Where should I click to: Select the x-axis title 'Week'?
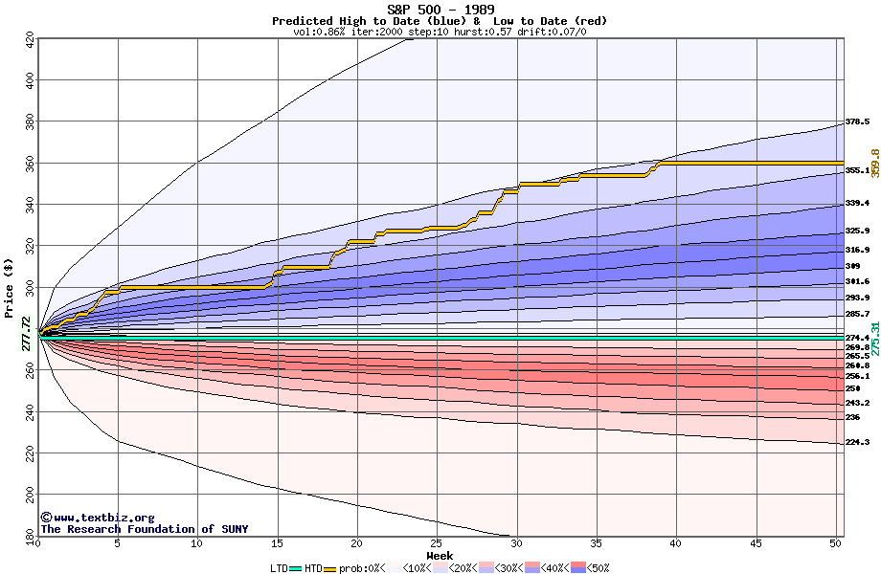(440, 556)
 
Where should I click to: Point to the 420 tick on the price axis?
(30, 40)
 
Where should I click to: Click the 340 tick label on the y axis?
(30, 205)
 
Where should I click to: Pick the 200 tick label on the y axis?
(30, 494)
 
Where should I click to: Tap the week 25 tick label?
(437, 544)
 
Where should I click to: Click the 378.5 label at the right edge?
(857, 122)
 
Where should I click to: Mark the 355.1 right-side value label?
(857, 171)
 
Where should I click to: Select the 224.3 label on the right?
(857, 443)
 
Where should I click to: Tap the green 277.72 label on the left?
(26, 333)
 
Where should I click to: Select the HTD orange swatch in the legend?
(330, 568)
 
